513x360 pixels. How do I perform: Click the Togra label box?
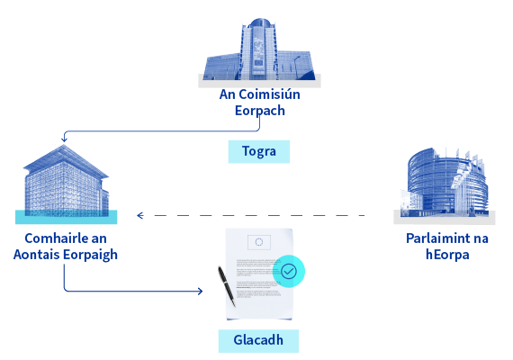coord(259,151)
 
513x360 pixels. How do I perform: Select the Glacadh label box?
coord(258,341)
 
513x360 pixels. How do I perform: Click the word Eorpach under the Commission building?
coord(260,111)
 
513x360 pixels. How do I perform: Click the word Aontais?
coord(37,255)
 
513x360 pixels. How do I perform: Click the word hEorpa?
coord(447,255)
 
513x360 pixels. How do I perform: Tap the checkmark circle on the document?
coord(289,271)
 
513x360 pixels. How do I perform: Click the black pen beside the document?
coord(227,286)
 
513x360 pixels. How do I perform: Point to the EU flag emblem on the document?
coord(259,242)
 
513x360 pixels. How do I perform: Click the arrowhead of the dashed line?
coord(140,215)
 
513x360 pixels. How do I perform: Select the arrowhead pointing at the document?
coord(200,291)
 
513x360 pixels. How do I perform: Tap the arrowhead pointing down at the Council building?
coord(64,139)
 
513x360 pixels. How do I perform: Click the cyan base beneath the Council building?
coord(66,217)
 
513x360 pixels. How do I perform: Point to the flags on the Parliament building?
coord(464,158)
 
